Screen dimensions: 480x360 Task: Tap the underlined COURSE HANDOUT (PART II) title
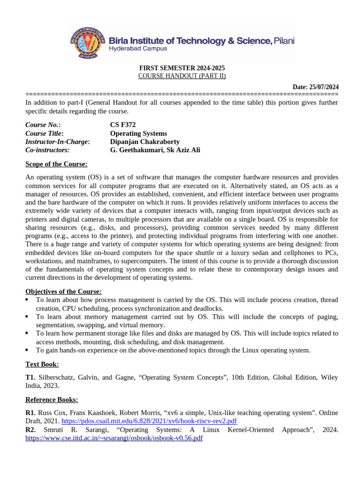182,76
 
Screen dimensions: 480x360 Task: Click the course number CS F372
123,125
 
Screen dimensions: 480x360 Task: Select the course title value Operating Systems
138,133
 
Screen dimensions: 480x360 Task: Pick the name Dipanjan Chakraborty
144,142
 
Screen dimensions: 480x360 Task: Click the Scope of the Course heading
56,164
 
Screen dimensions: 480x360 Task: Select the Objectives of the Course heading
63,292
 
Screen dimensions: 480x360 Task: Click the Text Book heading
42,364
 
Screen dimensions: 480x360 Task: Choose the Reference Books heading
52,400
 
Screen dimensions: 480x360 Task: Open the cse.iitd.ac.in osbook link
114,438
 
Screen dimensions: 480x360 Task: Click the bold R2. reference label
30,429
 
